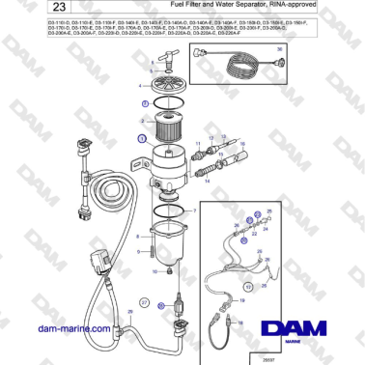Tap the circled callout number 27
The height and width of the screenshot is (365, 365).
[x=144, y=303]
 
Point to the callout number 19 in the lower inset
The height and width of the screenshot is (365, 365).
[x=241, y=299]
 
